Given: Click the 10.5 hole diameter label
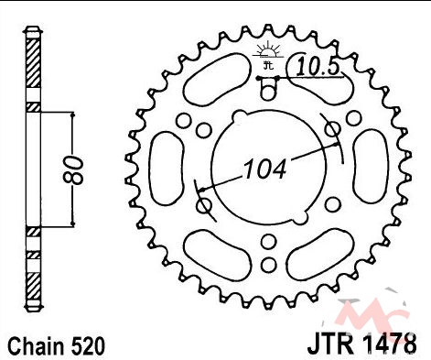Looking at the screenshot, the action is pyautogui.click(x=318, y=67).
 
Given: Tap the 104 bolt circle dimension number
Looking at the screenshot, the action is pyautogui.click(x=264, y=169).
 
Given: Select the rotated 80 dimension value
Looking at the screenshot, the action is pyautogui.click(x=73, y=170).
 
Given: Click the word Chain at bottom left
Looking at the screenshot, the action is pyautogui.click(x=36, y=346).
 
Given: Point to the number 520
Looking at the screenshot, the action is pyautogui.click(x=88, y=346).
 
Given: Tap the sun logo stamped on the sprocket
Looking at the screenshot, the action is pyautogui.click(x=268, y=55).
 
